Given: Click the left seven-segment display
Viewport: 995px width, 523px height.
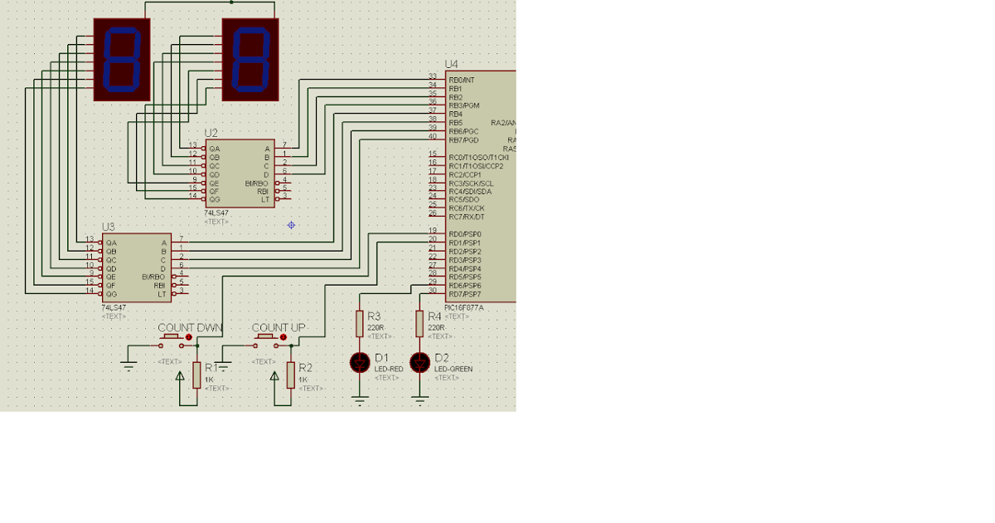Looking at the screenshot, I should [122, 60].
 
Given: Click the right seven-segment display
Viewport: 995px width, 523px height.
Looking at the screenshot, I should [250, 60].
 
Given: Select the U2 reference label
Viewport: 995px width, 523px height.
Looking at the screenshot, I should [211, 133].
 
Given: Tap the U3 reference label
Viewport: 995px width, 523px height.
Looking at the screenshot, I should [109, 227].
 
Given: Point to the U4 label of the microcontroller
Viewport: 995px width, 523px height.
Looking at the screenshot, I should [451, 64].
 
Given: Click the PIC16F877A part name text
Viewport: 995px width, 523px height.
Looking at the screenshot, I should [464, 307].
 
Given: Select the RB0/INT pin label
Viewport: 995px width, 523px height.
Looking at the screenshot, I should [462, 80].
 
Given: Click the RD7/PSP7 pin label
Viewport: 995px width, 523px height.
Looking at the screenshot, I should [464, 295].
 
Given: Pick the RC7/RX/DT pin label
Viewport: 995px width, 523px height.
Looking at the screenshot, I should [466, 217].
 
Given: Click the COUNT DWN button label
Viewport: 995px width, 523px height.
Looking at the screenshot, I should [190, 328].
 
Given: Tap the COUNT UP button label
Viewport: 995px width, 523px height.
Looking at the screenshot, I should [278, 328].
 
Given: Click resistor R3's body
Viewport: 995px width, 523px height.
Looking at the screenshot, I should [359, 323].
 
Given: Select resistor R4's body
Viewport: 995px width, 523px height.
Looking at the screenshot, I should [420, 323].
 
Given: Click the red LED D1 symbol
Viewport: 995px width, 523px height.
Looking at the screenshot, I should [360, 363].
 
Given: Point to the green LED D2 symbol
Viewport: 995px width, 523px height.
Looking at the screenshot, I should [420, 363].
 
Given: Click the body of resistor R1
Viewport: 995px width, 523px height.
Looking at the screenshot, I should [197, 375].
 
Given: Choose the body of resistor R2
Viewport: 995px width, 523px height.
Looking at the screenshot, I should [290, 375].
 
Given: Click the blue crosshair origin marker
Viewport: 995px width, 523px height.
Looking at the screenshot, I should [291, 225].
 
